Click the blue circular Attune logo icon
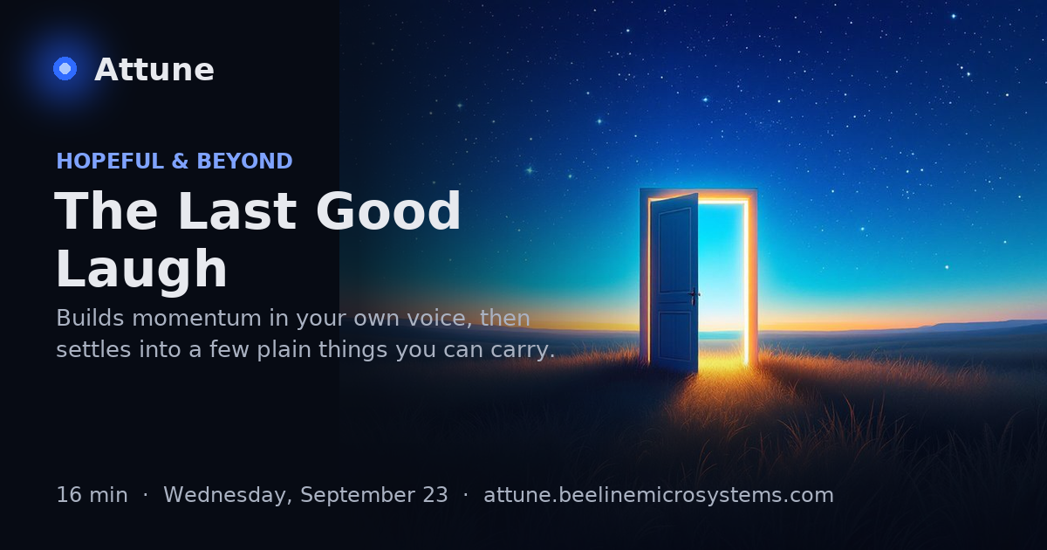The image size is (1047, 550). (65, 69)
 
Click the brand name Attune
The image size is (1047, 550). (154, 70)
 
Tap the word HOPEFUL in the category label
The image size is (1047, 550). (110, 161)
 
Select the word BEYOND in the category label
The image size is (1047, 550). (244, 161)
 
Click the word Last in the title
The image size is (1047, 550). (237, 211)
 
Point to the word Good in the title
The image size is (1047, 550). (388, 211)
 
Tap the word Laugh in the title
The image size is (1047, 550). (141, 269)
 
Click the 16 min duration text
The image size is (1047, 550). (92, 495)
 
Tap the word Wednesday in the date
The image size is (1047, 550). (228, 496)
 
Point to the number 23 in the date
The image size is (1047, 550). (435, 495)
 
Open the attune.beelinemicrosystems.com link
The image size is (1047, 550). (659, 495)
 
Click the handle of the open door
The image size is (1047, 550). (695, 295)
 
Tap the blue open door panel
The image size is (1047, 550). (674, 282)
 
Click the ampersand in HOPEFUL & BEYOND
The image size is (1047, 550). (181, 161)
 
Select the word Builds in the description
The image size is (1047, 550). (90, 318)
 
